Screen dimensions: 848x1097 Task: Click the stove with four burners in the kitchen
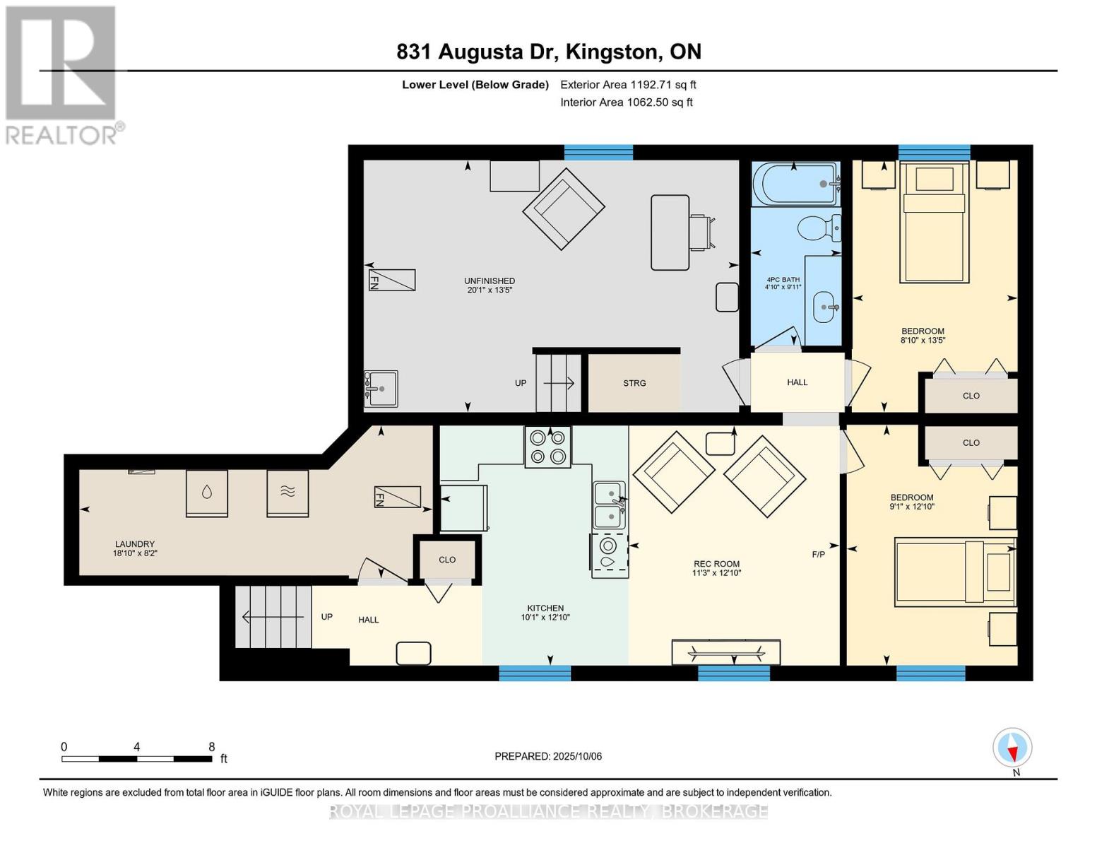(x=547, y=447)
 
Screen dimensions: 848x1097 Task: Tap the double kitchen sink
(x=608, y=505)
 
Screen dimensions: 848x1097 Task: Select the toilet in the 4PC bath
(x=818, y=228)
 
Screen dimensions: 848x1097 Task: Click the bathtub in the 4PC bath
(x=794, y=184)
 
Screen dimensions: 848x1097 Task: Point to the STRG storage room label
(x=634, y=383)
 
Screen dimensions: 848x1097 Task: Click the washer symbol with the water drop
(x=206, y=493)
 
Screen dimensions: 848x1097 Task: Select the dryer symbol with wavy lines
(x=287, y=493)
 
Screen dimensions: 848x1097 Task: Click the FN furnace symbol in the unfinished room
(x=391, y=280)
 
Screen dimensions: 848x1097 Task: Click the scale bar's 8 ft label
(x=211, y=746)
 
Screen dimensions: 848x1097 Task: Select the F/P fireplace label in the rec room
(x=818, y=555)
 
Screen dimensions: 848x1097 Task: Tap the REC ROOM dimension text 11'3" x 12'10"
(x=716, y=573)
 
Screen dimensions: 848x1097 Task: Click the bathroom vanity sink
(x=824, y=307)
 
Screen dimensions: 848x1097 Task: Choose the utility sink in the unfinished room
(x=381, y=389)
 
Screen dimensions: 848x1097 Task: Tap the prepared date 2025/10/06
(x=578, y=756)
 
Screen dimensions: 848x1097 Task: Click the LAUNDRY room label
(x=134, y=544)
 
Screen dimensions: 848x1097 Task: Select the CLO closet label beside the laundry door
(x=446, y=560)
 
